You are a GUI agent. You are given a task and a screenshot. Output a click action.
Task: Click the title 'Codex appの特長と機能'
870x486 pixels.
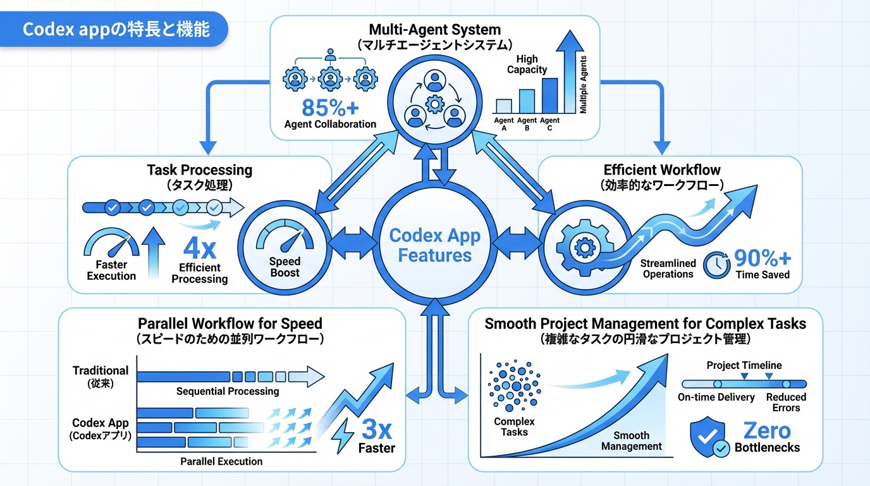(116, 30)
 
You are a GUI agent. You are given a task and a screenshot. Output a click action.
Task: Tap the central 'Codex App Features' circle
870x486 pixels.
(434, 245)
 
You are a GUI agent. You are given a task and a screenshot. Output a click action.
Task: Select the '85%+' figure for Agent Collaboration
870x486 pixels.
(329, 106)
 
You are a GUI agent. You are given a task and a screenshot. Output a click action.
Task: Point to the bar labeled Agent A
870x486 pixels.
(504, 106)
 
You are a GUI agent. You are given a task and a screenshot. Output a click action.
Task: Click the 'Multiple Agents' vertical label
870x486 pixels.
(583, 85)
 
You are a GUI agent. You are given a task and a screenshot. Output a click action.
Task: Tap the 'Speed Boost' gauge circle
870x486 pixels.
(285, 246)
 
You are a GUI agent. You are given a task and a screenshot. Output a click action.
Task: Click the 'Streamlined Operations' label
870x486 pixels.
(668, 268)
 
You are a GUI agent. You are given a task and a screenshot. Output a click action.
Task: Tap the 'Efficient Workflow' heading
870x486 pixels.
(662, 170)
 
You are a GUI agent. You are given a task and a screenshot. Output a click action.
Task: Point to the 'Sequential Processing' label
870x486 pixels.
(228, 391)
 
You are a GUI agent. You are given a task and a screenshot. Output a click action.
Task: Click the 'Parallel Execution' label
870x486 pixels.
(221, 461)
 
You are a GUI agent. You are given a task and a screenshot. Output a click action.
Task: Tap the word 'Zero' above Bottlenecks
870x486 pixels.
(766, 430)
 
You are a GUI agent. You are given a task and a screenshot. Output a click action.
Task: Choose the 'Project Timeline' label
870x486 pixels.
(744, 365)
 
